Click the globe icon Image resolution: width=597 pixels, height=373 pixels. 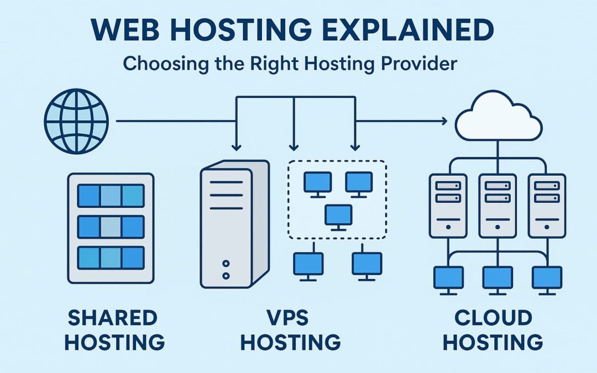pos(76,121)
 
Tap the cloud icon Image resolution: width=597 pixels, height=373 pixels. pos(497,116)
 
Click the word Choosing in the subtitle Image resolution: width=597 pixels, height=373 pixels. pos(156,64)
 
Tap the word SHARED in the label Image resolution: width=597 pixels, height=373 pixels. pos(112,318)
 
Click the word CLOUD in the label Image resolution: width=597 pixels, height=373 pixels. pos(494,318)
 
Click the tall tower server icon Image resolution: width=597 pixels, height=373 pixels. pos(234,224)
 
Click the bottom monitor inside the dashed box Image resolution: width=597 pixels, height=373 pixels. pos(338,216)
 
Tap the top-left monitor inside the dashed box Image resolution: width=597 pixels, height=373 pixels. pos(317,183)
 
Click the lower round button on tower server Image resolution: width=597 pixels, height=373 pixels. pos(226,275)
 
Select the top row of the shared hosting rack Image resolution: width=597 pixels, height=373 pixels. pos(111,196)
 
